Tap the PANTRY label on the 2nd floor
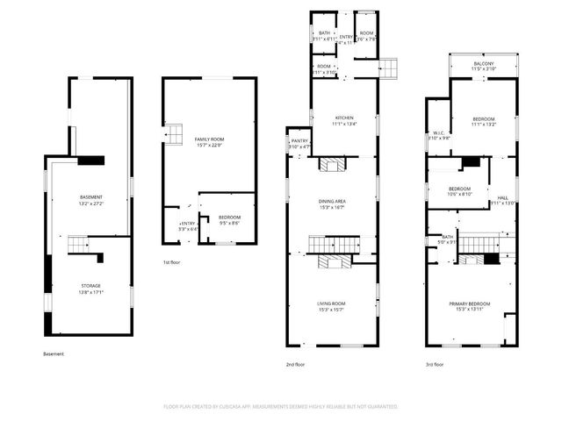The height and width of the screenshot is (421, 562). point(299,140)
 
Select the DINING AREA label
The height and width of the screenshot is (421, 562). point(331,202)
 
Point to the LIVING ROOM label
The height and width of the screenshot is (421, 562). point(331,303)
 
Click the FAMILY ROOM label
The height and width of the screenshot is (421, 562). point(209,139)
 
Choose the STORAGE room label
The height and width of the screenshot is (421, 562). point(91,286)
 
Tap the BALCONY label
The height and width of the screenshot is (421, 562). point(484,63)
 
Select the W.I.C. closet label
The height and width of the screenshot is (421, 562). point(439,133)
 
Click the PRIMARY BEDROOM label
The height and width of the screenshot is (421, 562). point(470,303)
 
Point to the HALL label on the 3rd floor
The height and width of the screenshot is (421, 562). point(503,198)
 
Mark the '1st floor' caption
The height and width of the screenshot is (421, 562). point(173,262)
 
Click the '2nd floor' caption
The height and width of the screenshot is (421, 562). point(296,364)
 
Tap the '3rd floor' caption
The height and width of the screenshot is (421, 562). point(434,364)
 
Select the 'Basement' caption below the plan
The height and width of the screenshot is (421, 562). point(54,354)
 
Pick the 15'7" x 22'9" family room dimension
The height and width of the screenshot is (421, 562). point(209,146)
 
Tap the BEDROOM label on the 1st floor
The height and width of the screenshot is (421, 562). point(228,217)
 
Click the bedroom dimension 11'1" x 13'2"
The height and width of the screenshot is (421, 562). point(484,125)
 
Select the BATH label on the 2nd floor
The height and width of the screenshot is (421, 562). point(324,32)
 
